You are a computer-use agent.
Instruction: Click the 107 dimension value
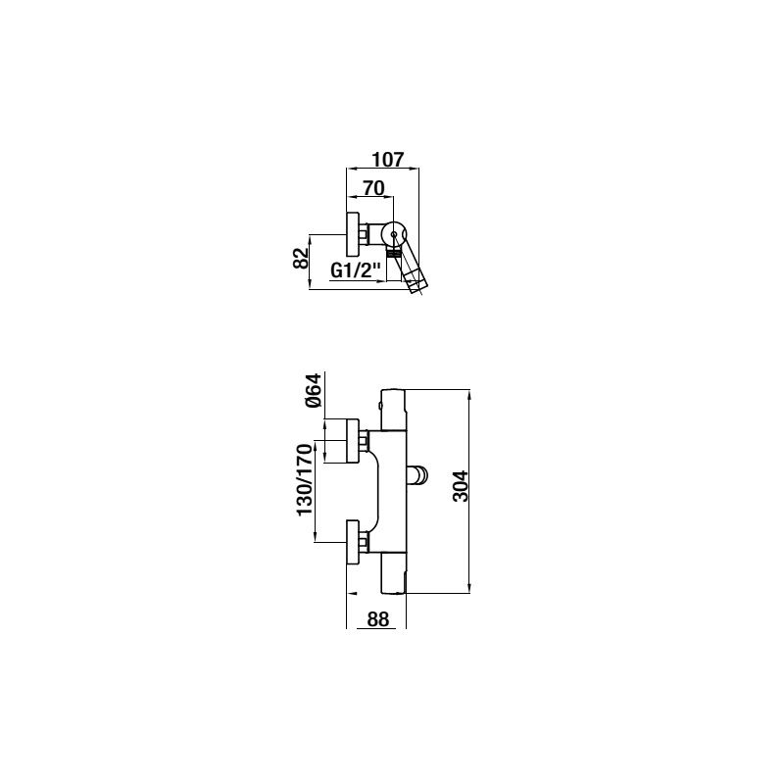click(387, 160)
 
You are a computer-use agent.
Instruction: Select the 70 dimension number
click(373, 188)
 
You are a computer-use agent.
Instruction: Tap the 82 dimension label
click(301, 258)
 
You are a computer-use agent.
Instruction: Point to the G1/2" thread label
click(356, 271)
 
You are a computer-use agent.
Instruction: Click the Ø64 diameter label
click(314, 390)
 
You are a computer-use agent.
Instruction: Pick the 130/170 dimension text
click(305, 480)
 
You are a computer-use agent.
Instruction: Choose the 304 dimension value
click(460, 485)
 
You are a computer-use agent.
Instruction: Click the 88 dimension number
click(378, 619)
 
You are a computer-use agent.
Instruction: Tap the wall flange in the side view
click(353, 234)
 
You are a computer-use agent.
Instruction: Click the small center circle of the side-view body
click(394, 234)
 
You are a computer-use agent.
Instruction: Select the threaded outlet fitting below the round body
click(394, 254)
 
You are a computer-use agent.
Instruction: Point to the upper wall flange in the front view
click(353, 440)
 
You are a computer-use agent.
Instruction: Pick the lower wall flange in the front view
click(353, 542)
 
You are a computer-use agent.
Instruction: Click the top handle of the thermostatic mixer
click(394, 410)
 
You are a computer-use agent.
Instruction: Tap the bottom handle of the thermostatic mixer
click(394, 573)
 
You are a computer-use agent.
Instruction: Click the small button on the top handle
click(382, 405)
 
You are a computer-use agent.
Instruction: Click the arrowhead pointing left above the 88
click(352, 594)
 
